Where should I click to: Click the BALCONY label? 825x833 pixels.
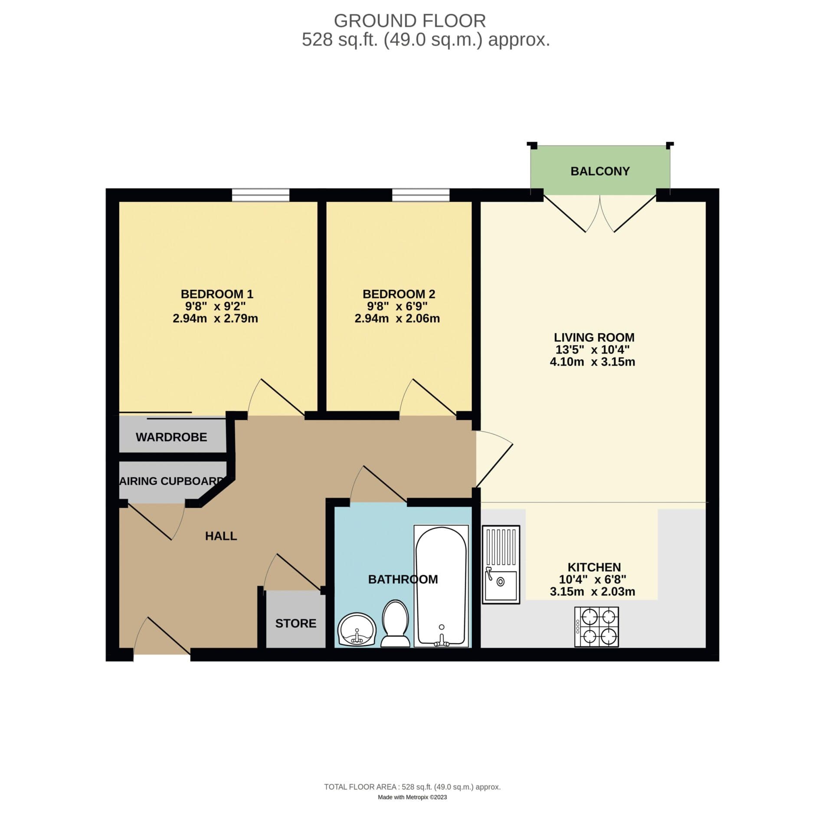tap(599, 171)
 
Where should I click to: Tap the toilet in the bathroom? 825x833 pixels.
tap(395, 624)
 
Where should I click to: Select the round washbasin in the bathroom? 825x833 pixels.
tap(357, 630)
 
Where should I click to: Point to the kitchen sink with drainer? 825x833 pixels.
tap(501, 564)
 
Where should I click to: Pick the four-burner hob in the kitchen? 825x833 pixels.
tap(596, 626)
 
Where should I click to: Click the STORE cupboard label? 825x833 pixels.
tap(295, 623)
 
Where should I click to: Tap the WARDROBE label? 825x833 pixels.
tap(171, 437)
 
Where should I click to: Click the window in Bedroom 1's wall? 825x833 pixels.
tap(260, 195)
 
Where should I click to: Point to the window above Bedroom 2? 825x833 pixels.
tap(421, 195)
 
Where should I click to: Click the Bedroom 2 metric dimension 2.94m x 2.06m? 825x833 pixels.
tap(397, 318)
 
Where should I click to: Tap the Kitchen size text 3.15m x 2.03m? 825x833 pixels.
tap(592, 591)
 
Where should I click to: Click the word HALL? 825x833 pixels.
tap(221, 536)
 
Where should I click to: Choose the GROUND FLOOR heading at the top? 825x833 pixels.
tap(409, 21)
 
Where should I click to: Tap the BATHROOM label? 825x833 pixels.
tap(403, 579)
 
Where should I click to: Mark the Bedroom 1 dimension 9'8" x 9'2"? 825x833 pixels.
tap(215, 306)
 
